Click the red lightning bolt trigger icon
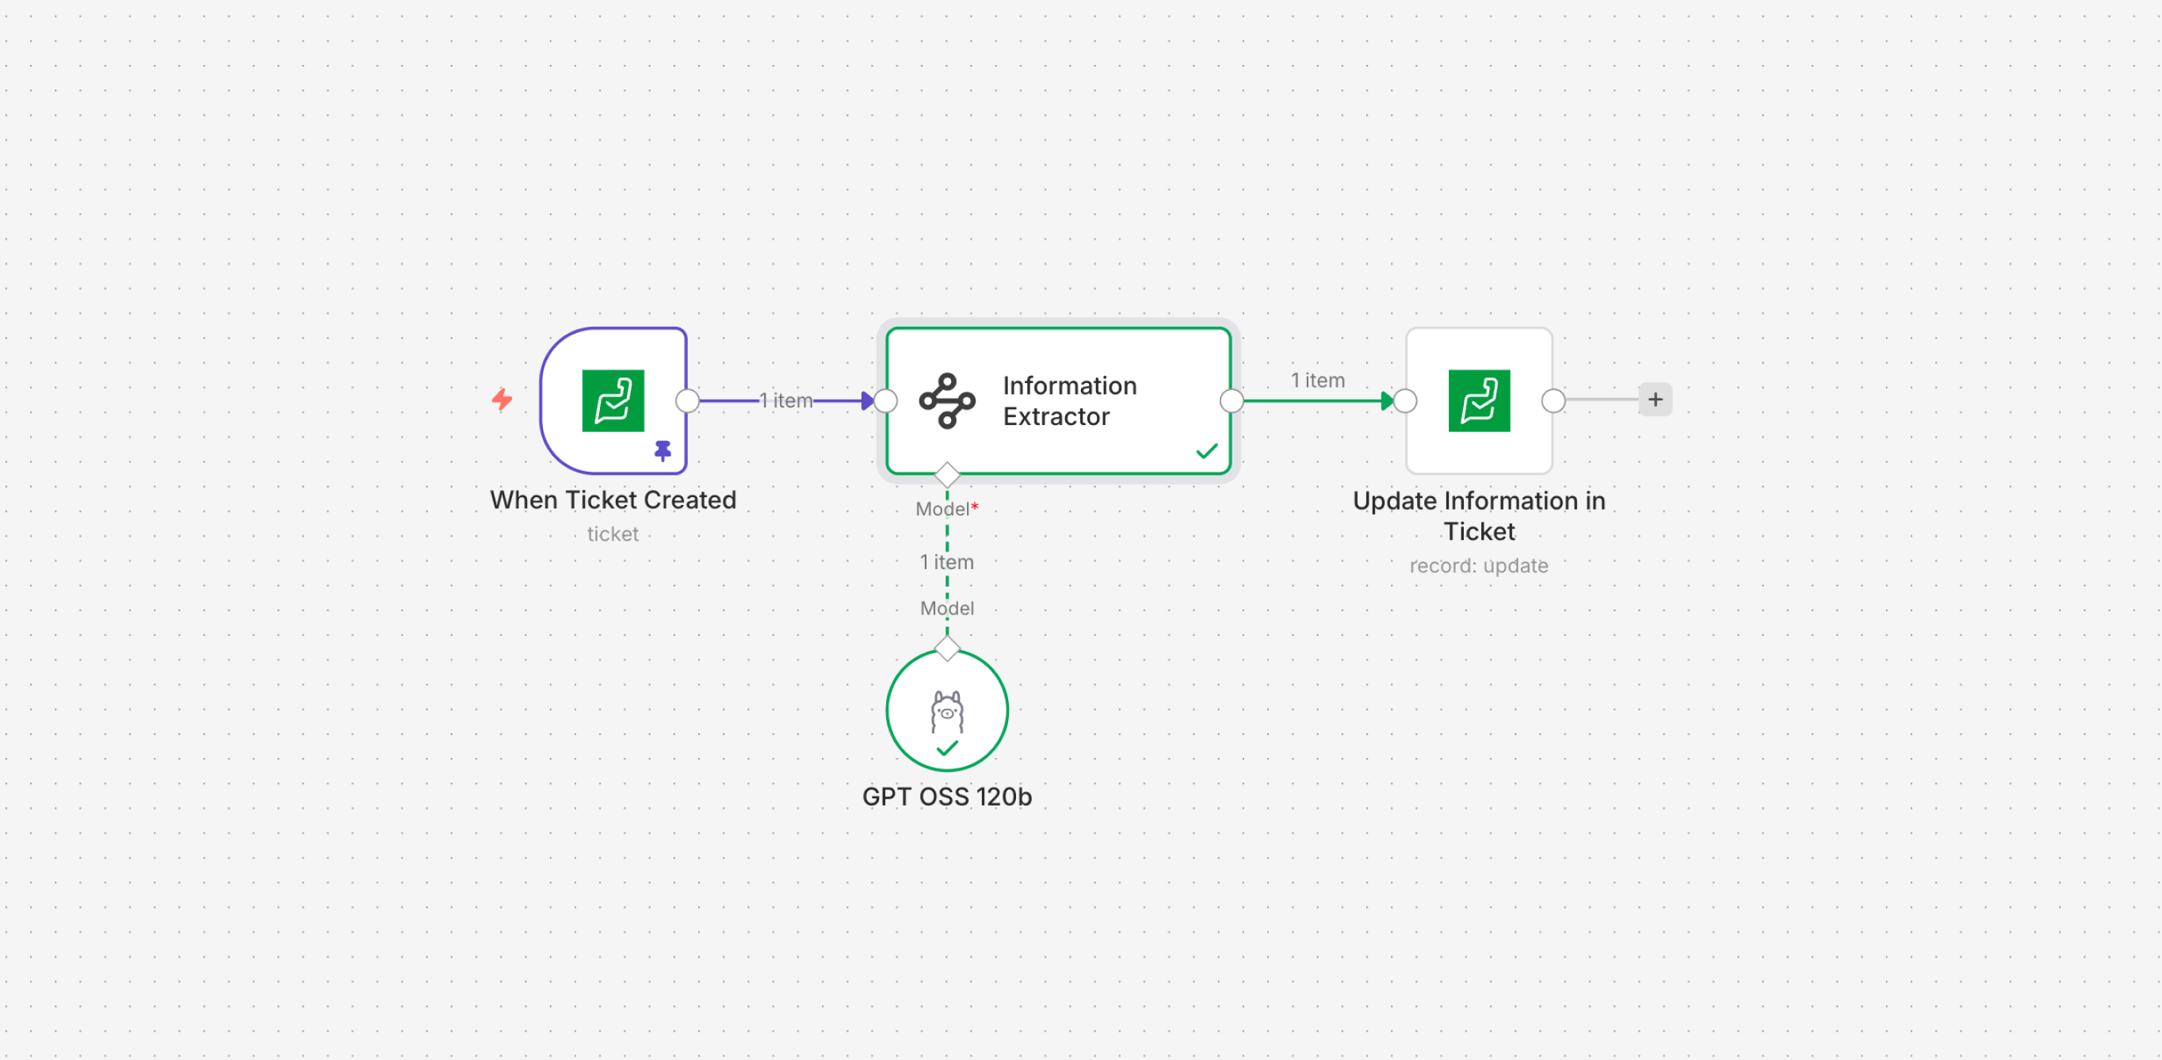[x=502, y=399]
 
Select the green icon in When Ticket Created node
[x=613, y=400]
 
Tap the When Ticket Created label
[x=613, y=499]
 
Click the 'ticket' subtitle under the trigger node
[x=613, y=534]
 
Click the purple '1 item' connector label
[x=786, y=400]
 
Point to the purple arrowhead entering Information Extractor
[x=867, y=401]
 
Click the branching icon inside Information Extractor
[x=947, y=401]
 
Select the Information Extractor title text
[x=1068, y=401]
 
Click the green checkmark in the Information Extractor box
[x=1206, y=452]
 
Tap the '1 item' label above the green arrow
[x=1317, y=381]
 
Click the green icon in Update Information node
[x=1479, y=400]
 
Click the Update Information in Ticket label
[x=1479, y=515]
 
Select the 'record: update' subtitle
[x=1479, y=565]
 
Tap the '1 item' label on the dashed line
[x=947, y=561]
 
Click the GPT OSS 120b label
[x=947, y=797]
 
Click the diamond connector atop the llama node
[x=947, y=649]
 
